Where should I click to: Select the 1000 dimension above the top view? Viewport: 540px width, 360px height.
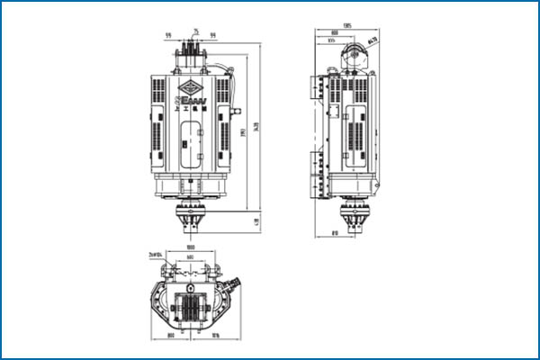click(x=191, y=247)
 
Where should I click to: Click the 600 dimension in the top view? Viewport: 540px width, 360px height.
click(x=191, y=258)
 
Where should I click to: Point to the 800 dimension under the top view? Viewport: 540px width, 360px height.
click(x=171, y=337)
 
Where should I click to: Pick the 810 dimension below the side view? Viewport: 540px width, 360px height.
click(x=335, y=232)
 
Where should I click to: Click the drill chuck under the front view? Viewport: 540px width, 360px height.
click(x=191, y=219)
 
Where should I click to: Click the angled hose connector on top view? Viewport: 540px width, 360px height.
click(x=236, y=282)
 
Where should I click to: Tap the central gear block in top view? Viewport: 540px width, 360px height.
click(x=191, y=307)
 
